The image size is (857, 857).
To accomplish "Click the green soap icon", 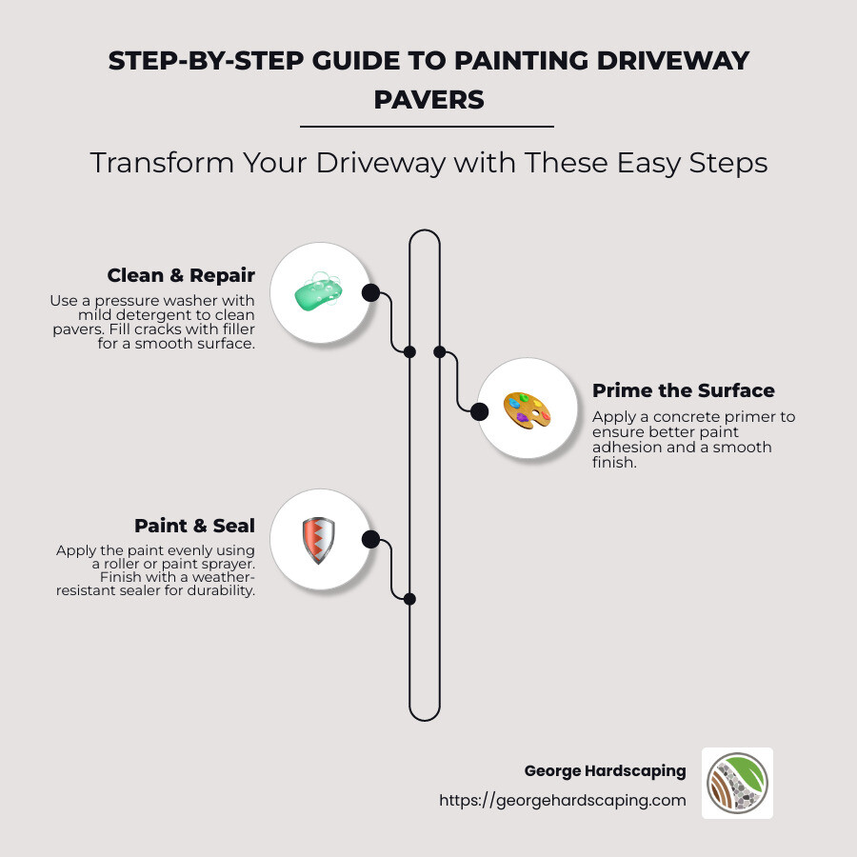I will (318, 292).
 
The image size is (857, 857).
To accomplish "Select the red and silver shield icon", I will (318, 540).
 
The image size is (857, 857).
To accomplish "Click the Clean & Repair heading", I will (181, 276).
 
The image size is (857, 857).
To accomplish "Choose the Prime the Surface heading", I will (683, 390).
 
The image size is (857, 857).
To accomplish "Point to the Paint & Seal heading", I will (194, 526).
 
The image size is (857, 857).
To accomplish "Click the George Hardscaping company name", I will (605, 770).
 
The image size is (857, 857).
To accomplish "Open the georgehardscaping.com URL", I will (562, 800).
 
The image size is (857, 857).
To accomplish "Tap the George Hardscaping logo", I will (737, 783).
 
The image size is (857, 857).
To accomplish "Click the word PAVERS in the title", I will (428, 100).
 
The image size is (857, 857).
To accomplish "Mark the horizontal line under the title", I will (427, 126).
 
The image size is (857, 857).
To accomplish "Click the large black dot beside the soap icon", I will (371, 292).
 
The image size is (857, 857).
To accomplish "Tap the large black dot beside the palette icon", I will (480, 411).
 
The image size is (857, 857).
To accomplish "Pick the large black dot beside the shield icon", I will (371, 540).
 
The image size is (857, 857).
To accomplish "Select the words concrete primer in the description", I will (725, 417).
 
